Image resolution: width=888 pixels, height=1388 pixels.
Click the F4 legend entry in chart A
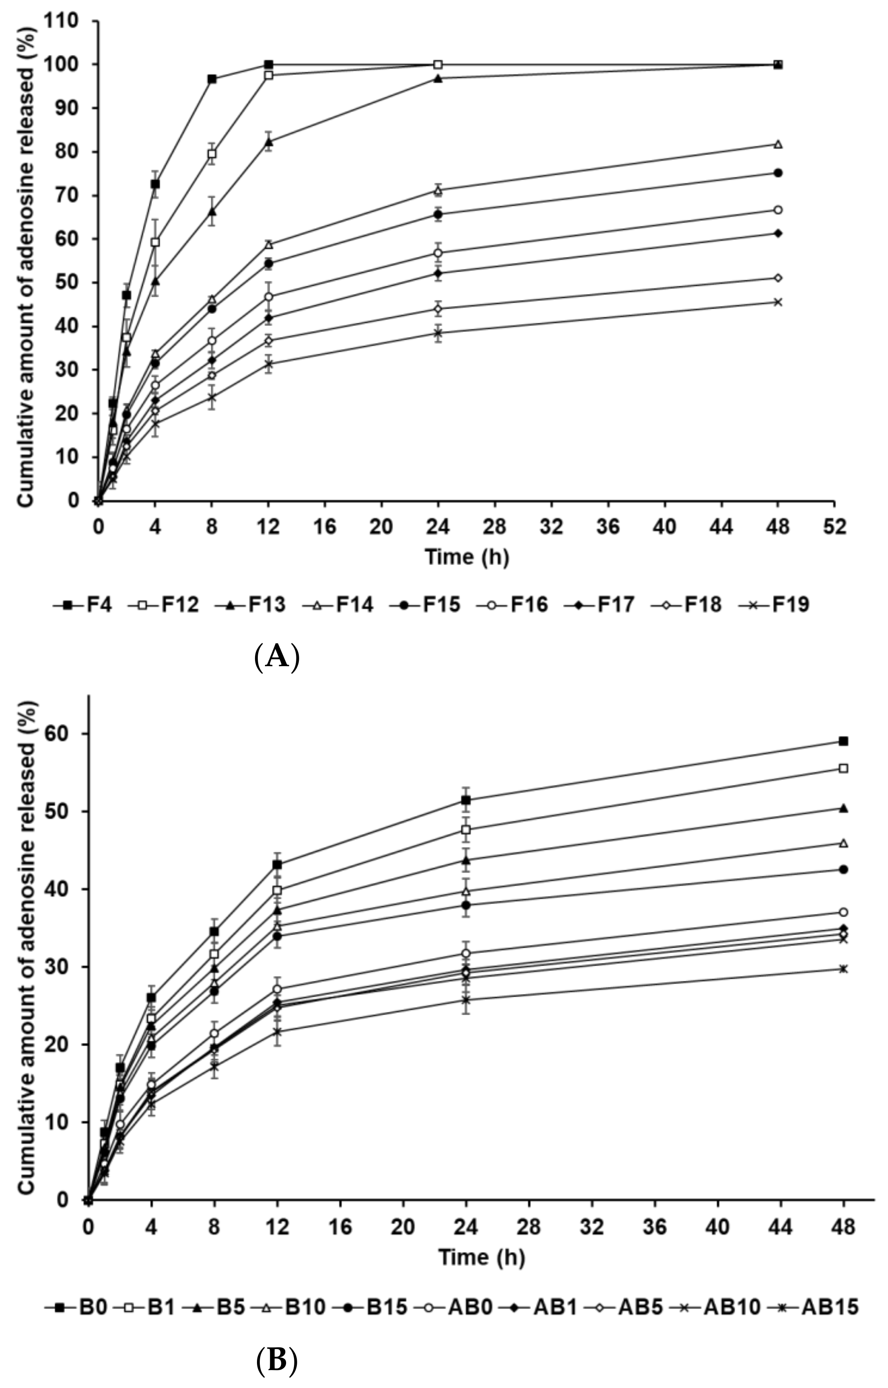point(84,604)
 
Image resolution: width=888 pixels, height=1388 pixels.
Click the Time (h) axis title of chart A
point(467,557)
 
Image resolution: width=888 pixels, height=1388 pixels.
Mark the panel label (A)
point(277,657)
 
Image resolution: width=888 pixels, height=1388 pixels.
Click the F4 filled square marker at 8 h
point(212,79)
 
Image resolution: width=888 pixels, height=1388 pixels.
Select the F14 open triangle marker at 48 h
point(777,144)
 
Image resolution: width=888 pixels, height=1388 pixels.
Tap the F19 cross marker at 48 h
point(777,302)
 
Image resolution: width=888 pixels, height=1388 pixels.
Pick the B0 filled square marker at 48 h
point(843,741)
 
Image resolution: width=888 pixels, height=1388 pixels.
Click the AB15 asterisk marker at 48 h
point(843,969)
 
